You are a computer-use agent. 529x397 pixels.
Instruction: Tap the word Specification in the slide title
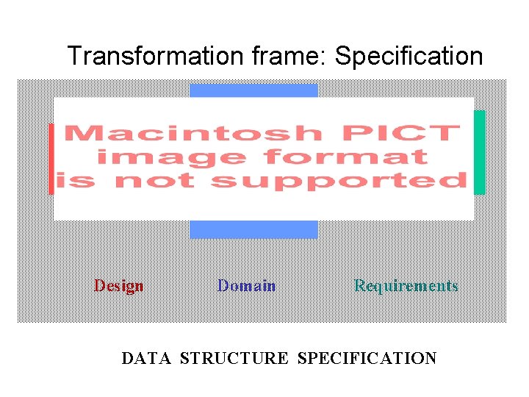(409, 56)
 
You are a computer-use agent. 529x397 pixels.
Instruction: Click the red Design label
(118, 286)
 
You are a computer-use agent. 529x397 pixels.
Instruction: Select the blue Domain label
(246, 286)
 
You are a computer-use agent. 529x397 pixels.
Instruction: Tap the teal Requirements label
(406, 286)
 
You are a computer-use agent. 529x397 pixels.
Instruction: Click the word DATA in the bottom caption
(145, 359)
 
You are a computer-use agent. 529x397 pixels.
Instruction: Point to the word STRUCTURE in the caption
(234, 359)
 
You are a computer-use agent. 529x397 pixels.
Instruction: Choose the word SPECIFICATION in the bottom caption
(367, 359)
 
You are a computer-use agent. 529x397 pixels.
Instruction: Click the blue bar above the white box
(253, 90)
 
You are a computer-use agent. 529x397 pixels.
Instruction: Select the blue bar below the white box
(253, 229)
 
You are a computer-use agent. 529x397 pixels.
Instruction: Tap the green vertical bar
(479, 151)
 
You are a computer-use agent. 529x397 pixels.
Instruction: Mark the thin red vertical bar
(51, 159)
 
